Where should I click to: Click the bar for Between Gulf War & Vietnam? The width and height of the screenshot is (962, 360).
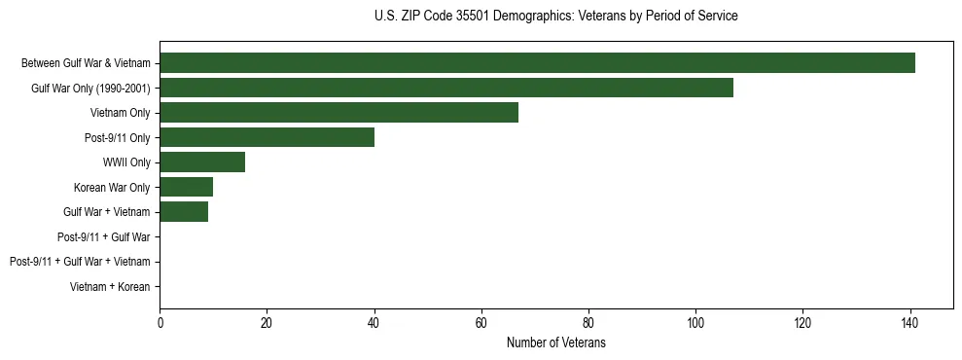click(x=537, y=63)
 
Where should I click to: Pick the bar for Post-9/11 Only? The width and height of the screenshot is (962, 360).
click(x=267, y=137)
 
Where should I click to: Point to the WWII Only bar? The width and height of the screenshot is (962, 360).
click(x=202, y=162)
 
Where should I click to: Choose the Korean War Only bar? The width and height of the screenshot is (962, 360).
click(x=186, y=187)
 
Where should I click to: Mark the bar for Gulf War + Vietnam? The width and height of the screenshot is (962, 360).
click(x=184, y=212)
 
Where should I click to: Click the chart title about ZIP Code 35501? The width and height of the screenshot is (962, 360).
click(x=555, y=17)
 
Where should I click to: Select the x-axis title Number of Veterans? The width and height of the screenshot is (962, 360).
click(x=555, y=343)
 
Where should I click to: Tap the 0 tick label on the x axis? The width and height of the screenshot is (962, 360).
click(x=160, y=323)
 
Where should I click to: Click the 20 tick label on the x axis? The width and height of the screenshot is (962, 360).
click(x=267, y=323)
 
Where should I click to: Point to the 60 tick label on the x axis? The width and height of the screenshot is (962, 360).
click(x=481, y=323)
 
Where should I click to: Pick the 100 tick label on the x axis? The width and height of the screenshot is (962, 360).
click(x=695, y=323)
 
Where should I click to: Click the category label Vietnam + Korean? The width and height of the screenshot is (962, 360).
click(x=110, y=287)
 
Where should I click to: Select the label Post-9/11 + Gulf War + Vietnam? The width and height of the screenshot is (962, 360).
click(x=80, y=262)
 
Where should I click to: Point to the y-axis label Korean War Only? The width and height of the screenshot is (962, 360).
click(x=112, y=187)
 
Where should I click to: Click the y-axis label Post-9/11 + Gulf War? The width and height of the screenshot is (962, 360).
click(x=103, y=236)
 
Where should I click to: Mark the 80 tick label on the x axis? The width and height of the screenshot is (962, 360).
click(x=588, y=323)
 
